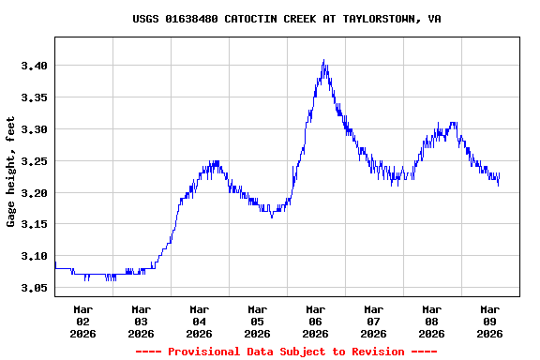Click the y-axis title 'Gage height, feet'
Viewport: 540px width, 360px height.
pos(11,172)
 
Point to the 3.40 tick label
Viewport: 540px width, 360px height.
pos(34,66)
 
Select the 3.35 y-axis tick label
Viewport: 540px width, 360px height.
pos(34,97)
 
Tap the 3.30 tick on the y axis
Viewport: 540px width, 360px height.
pos(34,129)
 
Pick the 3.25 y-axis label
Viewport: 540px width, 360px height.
pos(34,161)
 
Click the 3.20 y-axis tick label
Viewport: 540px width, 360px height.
pos(34,193)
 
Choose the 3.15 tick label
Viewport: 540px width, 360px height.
pos(34,225)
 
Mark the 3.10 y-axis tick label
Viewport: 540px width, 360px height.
pos(34,256)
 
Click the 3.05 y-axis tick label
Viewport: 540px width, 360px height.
pos(34,288)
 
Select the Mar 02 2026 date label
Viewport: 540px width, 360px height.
pos(83,321)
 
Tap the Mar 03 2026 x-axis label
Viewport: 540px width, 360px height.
pos(142,321)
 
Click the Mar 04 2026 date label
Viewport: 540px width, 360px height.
pos(200,321)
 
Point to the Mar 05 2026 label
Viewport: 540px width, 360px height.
pos(258,321)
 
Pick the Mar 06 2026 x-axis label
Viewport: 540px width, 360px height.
pos(316,321)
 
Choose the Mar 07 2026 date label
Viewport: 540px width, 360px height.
pos(374,321)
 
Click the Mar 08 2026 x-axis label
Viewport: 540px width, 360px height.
pos(432,321)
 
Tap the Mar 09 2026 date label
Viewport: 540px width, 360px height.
pos(490,321)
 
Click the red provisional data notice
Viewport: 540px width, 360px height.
pos(287,352)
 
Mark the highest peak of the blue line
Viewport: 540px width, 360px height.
pos(323,61)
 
